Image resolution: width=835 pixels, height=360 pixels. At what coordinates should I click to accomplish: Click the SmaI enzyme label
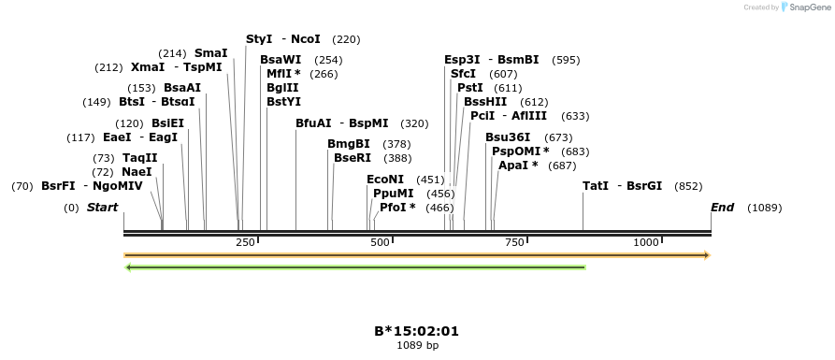[x=211, y=53]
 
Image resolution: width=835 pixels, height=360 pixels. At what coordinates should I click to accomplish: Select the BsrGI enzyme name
[x=644, y=186]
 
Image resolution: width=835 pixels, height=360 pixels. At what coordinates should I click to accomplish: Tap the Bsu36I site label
[x=509, y=137]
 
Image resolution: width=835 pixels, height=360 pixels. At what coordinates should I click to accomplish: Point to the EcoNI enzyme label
[x=385, y=180]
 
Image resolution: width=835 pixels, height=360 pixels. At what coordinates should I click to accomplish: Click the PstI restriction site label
[x=469, y=88]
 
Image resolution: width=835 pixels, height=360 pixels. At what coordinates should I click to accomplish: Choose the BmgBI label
[x=349, y=144]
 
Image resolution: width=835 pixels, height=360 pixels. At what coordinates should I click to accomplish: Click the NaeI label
[x=137, y=172]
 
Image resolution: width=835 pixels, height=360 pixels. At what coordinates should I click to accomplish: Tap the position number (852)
[x=688, y=186]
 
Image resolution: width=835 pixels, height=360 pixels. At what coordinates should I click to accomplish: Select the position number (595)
[x=566, y=60]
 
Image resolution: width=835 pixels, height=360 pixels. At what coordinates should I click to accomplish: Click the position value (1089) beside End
[x=764, y=208]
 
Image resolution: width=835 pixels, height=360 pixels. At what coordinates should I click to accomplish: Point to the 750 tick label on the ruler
[x=513, y=243]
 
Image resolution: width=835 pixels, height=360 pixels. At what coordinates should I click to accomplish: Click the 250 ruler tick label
[x=245, y=243]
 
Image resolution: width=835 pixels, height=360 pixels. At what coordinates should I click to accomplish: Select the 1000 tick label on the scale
[x=646, y=243]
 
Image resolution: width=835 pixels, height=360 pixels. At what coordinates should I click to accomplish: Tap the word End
[x=723, y=208]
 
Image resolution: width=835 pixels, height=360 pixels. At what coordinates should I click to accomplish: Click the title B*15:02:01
[x=417, y=331]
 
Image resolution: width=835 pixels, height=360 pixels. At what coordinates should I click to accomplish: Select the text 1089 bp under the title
[x=417, y=345]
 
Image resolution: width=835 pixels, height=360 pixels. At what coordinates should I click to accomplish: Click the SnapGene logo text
[x=804, y=7]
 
